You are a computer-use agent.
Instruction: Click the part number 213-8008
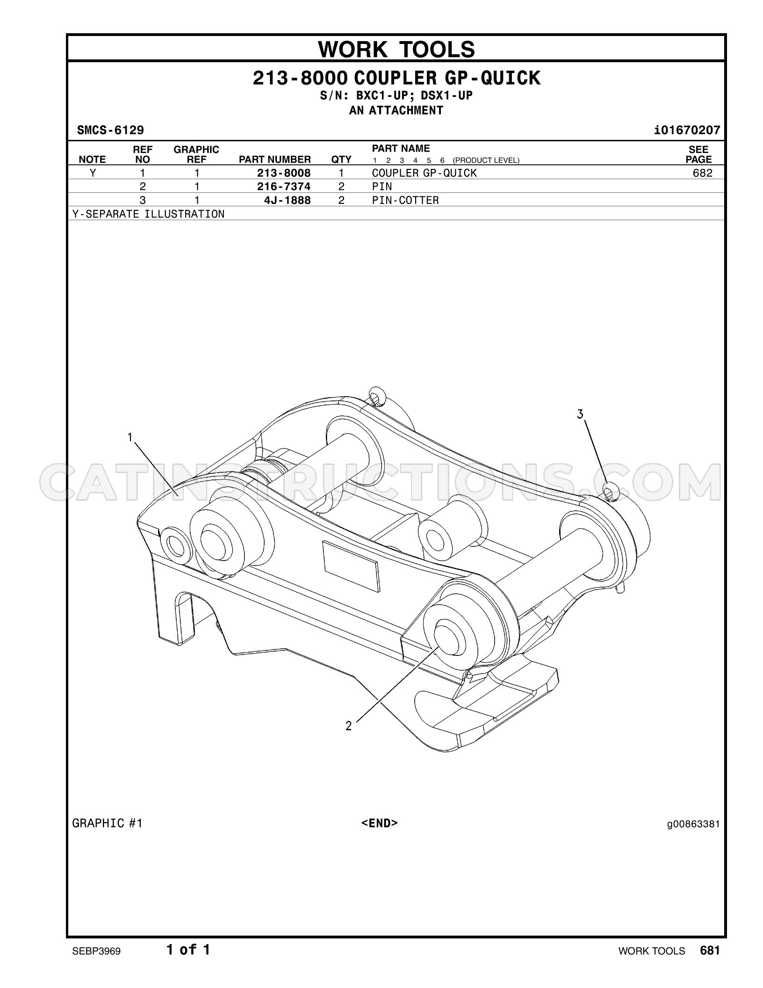pos(284,173)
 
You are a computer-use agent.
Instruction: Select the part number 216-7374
pos(284,187)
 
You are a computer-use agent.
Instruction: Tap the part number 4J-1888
pos(287,200)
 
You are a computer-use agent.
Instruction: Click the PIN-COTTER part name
pos(405,200)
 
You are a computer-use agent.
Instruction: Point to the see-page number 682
pos(703,173)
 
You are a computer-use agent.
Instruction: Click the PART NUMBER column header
pos(275,160)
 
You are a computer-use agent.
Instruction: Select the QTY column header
pos(341,160)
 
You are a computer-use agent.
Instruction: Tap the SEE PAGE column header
pos(698,154)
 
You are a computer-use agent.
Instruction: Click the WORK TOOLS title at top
pos(396,49)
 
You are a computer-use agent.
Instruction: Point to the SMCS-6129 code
pos(110,130)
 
